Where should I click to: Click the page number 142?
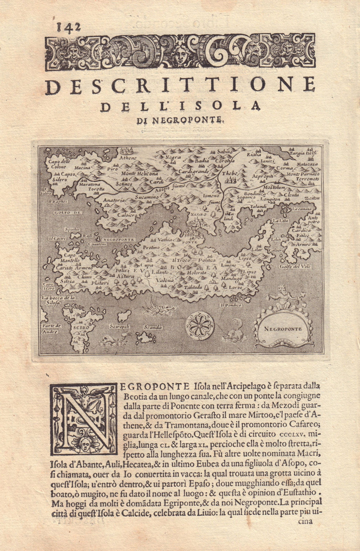(x=68, y=27)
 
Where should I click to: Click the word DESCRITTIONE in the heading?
(x=180, y=85)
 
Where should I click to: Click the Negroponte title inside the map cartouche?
(x=282, y=328)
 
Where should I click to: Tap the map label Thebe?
(x=229, y=173)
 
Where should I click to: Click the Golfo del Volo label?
(x=295, y=267)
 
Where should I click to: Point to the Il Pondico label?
(x=230, y=305)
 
